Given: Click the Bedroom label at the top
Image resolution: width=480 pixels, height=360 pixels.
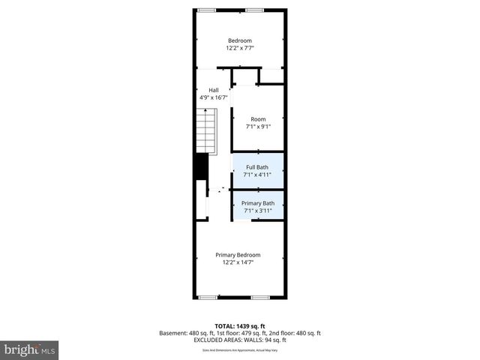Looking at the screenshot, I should pyautogui.click(x=240, y=40).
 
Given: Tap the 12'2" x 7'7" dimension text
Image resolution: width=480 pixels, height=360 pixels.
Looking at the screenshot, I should pyautogui.click(x=240, y=48).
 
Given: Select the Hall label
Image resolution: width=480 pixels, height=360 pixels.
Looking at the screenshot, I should pyautogui.click(x=213, y=90).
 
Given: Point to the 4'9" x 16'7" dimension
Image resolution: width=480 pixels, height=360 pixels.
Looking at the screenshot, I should pyautogui.click(x=213, y=97).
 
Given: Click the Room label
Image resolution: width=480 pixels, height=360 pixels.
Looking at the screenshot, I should pyautogui.click(x=258, y=119).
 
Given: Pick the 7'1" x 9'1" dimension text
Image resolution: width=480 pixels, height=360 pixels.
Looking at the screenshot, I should pyautogui.click(x=258, y=127).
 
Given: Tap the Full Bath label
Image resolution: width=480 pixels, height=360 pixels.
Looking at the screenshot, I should pyautogui.click(x=257, y=167).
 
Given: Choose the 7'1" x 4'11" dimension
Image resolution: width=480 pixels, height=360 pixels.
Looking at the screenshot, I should pyautogui.click(x=257, y=175).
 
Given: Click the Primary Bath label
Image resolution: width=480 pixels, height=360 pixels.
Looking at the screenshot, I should pyautogui.click(x=257, y=203).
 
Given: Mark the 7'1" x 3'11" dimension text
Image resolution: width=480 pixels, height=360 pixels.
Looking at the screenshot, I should pyautogui.click(x=257, y=211).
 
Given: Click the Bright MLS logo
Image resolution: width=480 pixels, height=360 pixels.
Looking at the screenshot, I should pyautogui.click(x=30, y=349).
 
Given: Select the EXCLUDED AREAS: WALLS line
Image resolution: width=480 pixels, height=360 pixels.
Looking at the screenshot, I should pyautogui.click(x=240, y=340).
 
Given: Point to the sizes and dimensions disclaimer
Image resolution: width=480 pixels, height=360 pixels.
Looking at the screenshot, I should pyautogui.click(x=240, y=350).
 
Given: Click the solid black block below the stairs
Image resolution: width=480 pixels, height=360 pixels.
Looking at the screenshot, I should pyautogui.click(x=200, y=166).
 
